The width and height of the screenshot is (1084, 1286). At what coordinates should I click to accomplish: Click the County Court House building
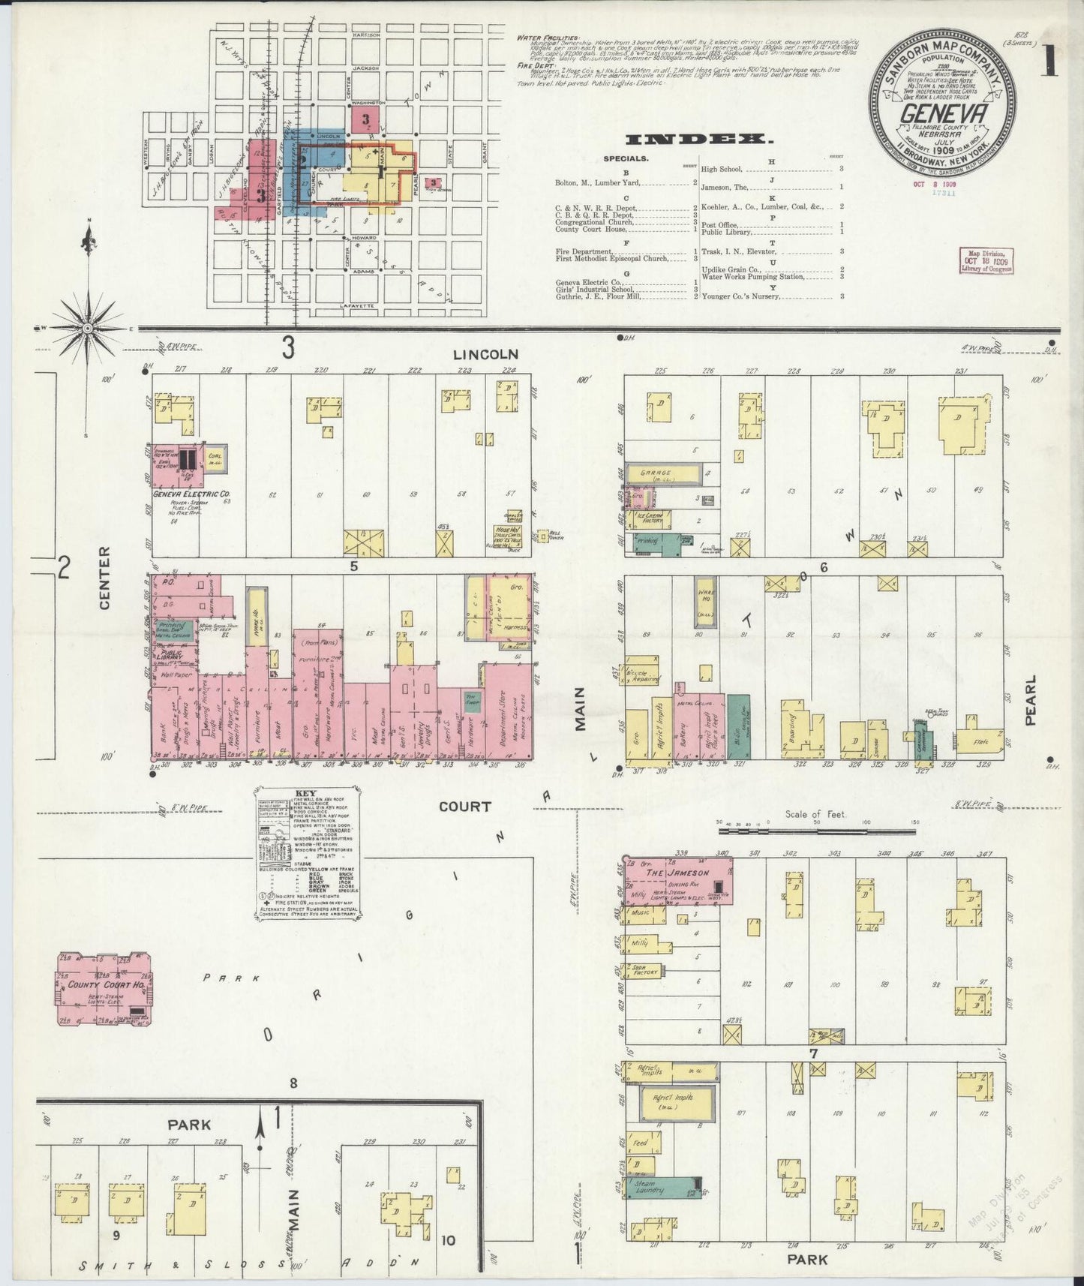click(x=104, y=989)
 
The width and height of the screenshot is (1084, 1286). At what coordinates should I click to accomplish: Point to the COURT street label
click(x=464, y=807)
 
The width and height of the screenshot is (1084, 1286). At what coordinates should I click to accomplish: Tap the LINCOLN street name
click(x=485, y=353)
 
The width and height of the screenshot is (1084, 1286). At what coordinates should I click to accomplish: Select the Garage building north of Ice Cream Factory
click(x=664, y=474)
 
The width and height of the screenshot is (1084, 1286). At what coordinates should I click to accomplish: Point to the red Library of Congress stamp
click(x=985, y=260)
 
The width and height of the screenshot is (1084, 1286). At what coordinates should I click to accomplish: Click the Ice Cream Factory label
click(x=644, y=517)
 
